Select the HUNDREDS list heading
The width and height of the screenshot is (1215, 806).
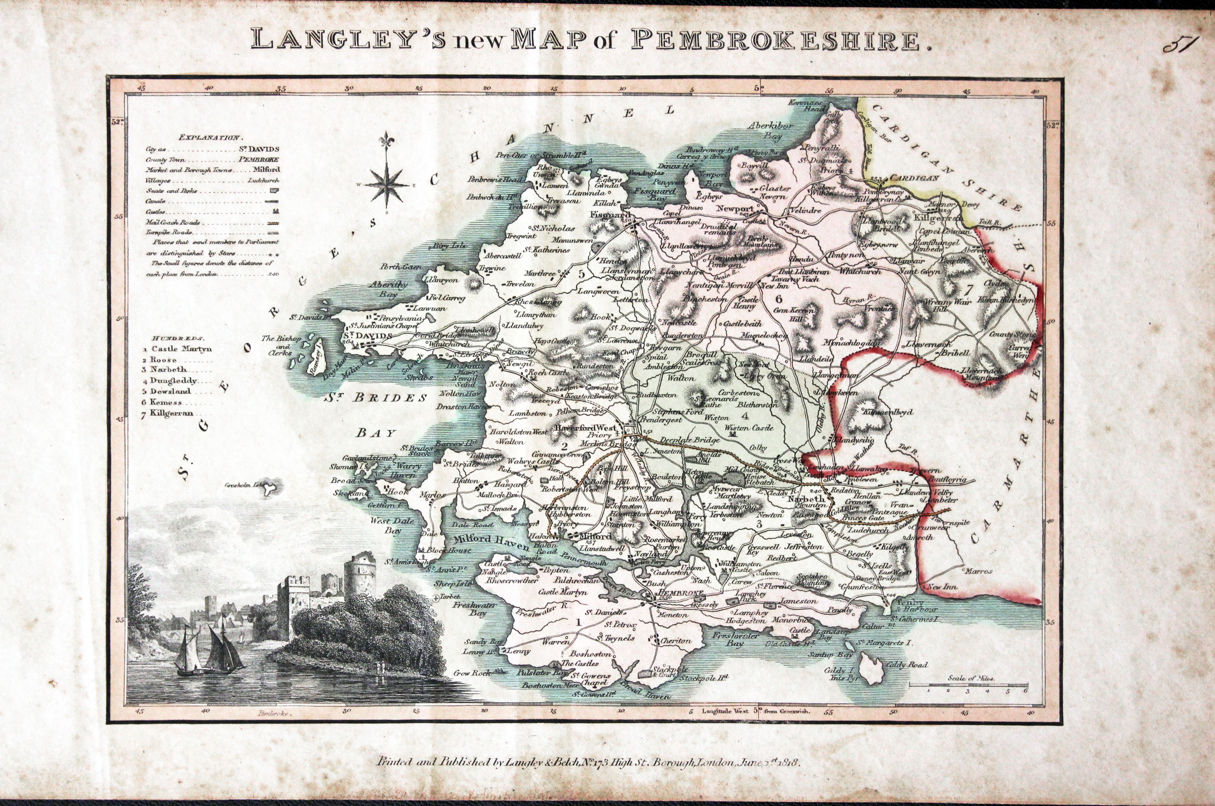click(177, 339)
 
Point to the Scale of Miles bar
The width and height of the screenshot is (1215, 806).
click(969, 685)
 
